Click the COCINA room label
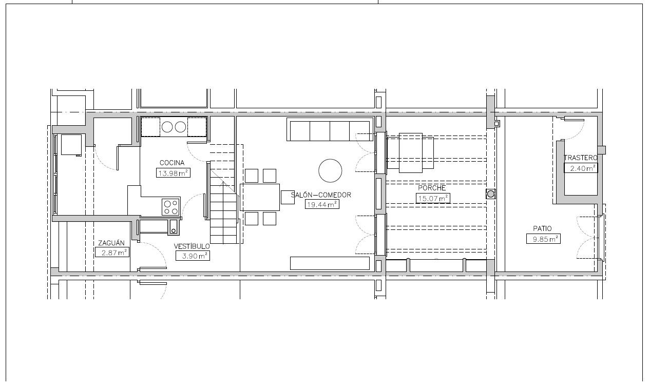point(172,163)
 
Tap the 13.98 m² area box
point(173,173)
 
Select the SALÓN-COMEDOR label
point(321,195)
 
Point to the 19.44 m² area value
point(322,204)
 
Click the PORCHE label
point(432,188)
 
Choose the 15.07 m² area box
point(433,199)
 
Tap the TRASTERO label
point(581,158)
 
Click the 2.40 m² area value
point(581,168)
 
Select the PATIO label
point(542,228)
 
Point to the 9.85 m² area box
point(544,239)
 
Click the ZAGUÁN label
point(111,243)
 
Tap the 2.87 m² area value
point(112,253)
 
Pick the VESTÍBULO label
point(192,246)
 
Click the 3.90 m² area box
point(193,256)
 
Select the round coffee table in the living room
point(330,170)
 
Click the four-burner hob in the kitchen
point(170,207)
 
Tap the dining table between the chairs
point(260,197)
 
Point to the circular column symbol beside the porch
point(490,194)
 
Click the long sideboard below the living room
point(330,263)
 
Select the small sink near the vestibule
point(173,226)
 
